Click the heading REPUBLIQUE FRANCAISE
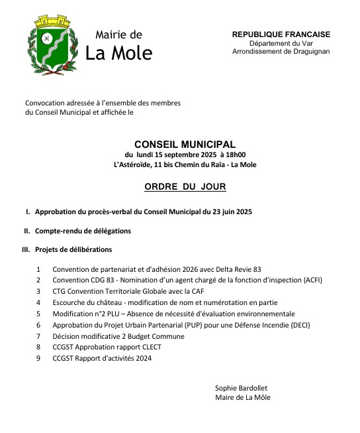coord(281,34)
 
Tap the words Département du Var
coord(281,43)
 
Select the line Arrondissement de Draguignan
coord(281,52)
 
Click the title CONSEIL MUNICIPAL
coord(185,143)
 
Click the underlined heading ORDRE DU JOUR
coord(185,187)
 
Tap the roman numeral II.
coord(27,231)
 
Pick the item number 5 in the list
coord(38,313)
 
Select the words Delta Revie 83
coord(235,269)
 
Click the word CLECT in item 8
coord(150,346)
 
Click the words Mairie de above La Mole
coord(118,34)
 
